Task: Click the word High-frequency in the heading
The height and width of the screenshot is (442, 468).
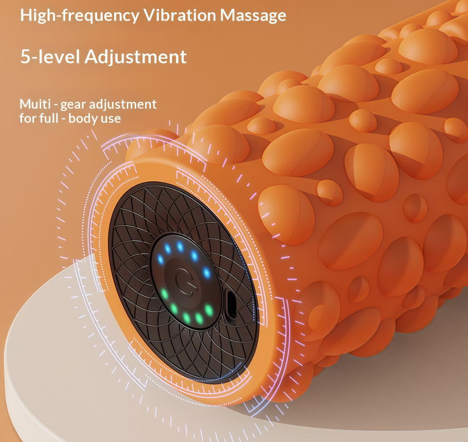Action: click(79, 15)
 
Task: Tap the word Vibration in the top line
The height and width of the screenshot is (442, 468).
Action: click(180, 15)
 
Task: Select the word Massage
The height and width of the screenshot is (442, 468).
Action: click(253, 16)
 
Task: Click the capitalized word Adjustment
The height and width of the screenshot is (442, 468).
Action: click(136, 57)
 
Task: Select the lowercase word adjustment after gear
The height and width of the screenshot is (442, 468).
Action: click(123, 105)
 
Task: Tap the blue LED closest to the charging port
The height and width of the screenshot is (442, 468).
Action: click(207, 273)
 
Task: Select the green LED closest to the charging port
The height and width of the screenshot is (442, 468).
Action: click(209, 310)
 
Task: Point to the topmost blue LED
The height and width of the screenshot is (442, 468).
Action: click(180, 247)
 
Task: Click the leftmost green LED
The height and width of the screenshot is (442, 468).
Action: click(164, 294)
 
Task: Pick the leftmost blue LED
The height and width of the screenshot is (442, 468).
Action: click(160, 259)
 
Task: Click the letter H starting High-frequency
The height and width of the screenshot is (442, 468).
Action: click(26, 15)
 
